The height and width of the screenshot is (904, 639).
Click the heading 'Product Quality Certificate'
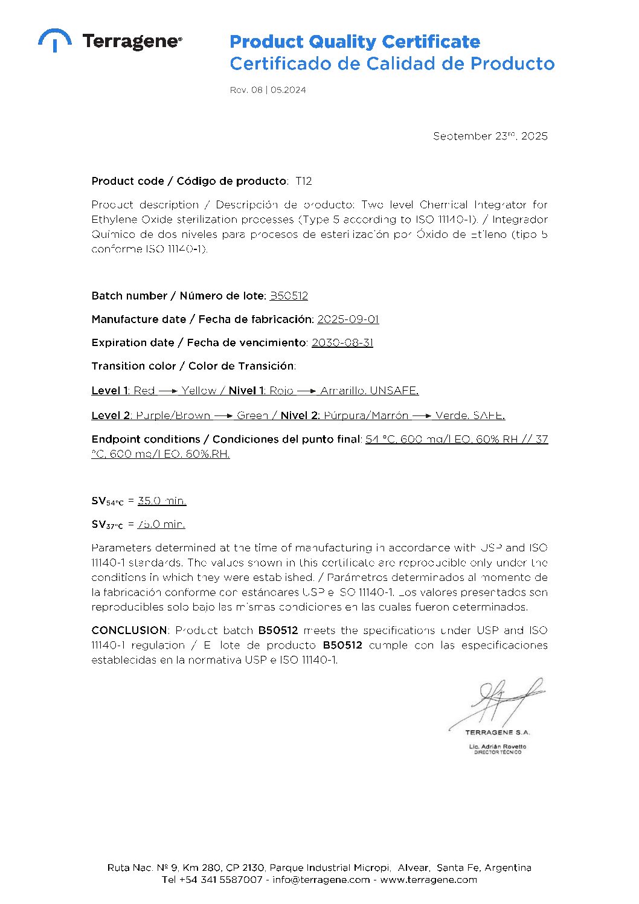coord(355,42)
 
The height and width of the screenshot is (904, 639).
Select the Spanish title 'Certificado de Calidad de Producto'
coord(392,63)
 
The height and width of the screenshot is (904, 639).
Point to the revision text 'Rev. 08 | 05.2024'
coord(268,90)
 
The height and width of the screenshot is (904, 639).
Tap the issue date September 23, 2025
coord(490,136)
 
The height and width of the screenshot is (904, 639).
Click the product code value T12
coord(303,181)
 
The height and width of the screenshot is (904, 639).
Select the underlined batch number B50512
coord(289,296)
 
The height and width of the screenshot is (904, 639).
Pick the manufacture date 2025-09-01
coord(348,319)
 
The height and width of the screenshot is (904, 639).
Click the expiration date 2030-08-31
coord(342,343)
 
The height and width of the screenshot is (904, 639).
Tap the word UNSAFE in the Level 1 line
coord(394,391)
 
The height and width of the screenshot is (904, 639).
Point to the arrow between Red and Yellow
coord(168,391)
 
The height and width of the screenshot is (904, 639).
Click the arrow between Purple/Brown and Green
coord(223,416)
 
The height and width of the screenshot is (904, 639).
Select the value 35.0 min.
coord(162,501)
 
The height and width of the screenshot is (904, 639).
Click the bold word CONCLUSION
coord(129,630)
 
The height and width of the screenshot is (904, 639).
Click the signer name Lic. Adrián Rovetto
coord(497,746)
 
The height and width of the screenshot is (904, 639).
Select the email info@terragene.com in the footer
coord(321,880)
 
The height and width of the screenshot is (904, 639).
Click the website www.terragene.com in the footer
coord(428,880)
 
